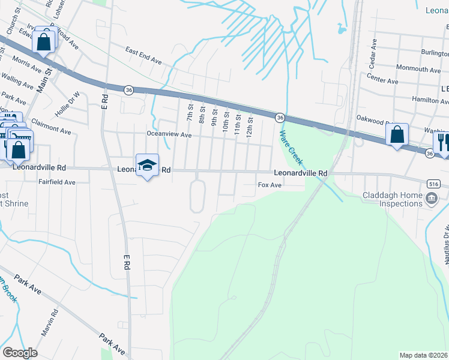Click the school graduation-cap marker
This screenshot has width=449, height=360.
[147, 165]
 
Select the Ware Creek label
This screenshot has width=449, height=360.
[289, 146]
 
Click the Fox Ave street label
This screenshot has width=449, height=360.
[270, 185]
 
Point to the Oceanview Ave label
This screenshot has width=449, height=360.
[169, 135]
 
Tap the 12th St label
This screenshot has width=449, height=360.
[250, 128]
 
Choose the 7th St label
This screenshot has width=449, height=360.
[190, 112]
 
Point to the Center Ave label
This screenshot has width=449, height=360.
[382, 80]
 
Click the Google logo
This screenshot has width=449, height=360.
[20, 352]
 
